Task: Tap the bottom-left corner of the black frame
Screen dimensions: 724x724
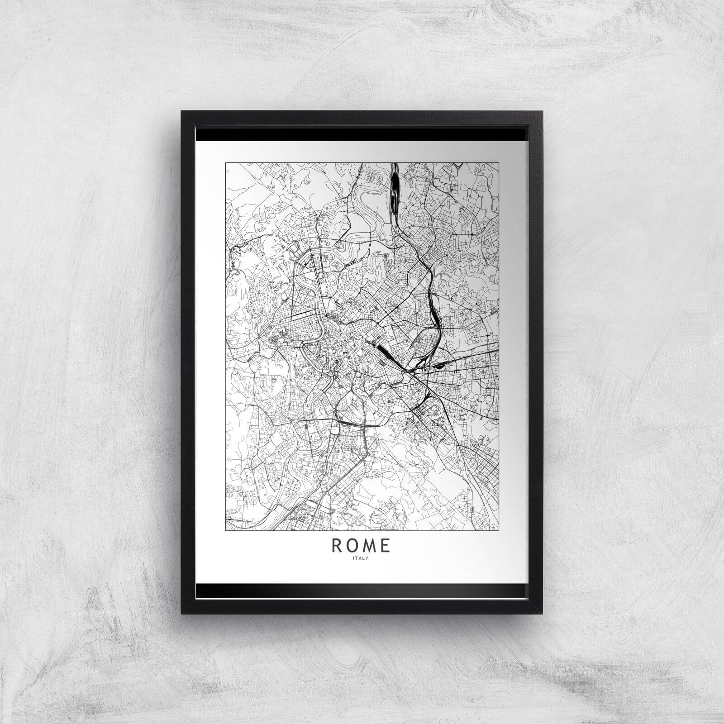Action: click(182, 613)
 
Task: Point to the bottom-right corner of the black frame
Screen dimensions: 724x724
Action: click(543, 613)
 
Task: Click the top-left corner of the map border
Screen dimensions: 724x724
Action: click(226, 163)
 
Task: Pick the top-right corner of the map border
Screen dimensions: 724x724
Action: click(499, 163)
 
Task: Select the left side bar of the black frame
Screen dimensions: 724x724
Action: click(188, 362)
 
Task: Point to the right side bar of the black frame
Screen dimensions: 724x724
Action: click(536, 362)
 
